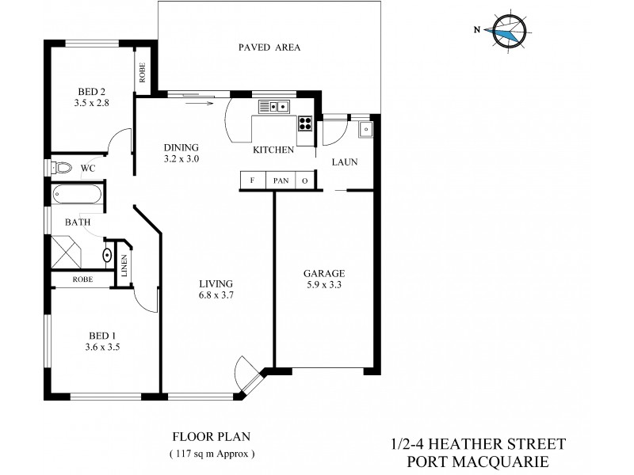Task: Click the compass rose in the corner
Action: [x=507, y=32]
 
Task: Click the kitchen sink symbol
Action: [x=278, y=106]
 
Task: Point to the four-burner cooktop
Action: [x=305, y=123]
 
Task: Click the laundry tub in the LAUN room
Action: [x=365, y=129]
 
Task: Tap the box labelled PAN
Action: [x=281, y=180]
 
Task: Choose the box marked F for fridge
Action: [x=252, y=180]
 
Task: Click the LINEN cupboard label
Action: [x=124, y=265]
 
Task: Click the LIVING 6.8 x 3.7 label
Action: [x=215, y=289]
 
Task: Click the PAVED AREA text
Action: [x=269, y=47]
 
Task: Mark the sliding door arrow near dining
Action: [x=198, y=101]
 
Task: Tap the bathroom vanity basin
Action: [x=108, y=255]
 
